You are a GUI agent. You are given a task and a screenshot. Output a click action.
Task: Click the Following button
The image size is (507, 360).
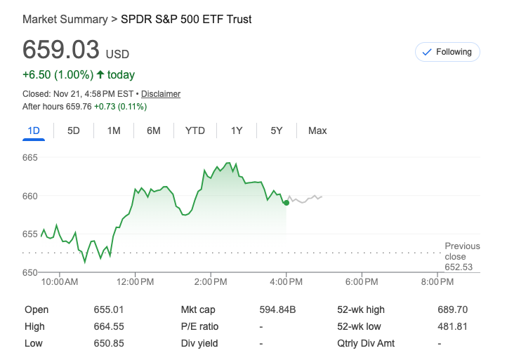pyautogui.click(x=447, y=52)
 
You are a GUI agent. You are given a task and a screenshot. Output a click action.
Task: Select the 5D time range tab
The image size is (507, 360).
pyautogui.click(x=74, y=131)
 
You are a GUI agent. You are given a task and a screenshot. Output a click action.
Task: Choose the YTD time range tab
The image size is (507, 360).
pyautogui.click(x=195, y=131)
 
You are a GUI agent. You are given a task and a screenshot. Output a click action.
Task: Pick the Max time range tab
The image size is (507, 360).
pyautogui.click(x=317, y=131)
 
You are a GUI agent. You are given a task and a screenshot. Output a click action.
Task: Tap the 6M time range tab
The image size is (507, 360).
pyautogui.click(x=154, y=131)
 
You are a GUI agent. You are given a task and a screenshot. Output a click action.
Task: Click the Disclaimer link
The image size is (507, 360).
pyautogui.click(x=161, y=93)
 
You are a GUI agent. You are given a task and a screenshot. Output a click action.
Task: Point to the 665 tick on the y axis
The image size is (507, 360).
pyautogui.click(x=29, y=157)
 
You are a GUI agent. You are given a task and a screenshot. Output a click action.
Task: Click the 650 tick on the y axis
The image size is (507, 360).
pyautogui.click(x=29, y=272)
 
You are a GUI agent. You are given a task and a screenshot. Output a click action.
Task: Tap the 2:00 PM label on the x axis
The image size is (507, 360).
pyautogui.click(x=211, y=282)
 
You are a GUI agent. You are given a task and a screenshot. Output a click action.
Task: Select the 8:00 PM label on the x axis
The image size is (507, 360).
pyautogui.click(x=437, y=282)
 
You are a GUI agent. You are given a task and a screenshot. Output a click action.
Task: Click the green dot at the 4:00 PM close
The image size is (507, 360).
pyautogui.click(x=287, y=203)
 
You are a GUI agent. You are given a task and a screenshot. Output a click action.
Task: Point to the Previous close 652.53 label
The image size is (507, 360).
pyautogui.click(x=462, y=256)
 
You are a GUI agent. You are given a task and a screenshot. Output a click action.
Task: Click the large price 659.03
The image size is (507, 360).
pyautogui.click(x=62, y=51)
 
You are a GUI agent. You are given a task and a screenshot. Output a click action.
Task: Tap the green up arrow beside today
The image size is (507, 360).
pyautogui.click(x=100, y=75)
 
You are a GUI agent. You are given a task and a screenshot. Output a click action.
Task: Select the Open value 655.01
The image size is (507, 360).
pyautogui.click(x=108, y=309)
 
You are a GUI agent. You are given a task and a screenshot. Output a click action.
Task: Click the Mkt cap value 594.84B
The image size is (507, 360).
pyautogui.click(x=278, y=309)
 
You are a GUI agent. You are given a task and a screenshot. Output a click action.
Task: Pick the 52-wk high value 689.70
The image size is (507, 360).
pyautogui.click(x=452, y=309)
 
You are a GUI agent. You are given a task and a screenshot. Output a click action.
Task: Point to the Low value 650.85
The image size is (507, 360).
pyautogui.click(x=108, y=343)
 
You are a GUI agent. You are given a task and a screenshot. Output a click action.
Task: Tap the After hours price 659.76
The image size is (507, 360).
pyautogui.click(x=79, y=107)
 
